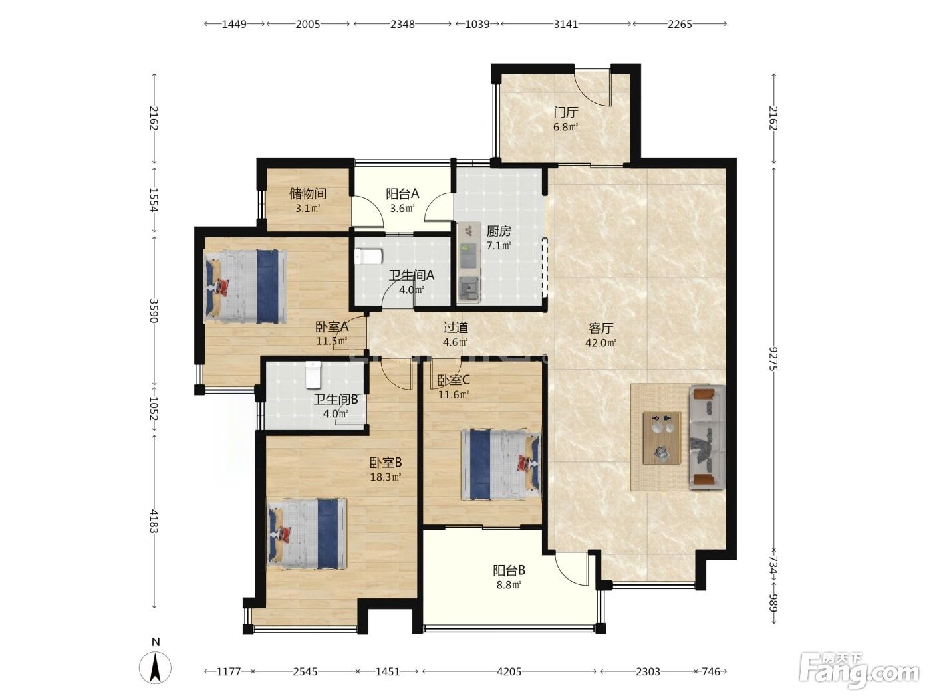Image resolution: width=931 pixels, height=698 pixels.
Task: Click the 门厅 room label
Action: [566, 113]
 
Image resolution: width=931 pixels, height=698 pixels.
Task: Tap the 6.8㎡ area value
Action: [566, 127]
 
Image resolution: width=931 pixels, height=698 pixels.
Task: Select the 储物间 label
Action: [308, 193]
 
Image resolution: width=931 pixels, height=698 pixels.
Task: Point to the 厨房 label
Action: [499, 231]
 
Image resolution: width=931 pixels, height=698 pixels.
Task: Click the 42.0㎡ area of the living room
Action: [600, 342]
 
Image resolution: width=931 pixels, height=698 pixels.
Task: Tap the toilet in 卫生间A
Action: [368, 257]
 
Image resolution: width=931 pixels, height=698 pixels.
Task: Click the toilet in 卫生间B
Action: [313, 375]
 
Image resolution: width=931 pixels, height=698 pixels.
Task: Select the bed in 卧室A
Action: [245, 287]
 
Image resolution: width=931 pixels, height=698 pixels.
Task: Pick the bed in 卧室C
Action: [501, 464]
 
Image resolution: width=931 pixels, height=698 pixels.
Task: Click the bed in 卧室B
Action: [307, 534]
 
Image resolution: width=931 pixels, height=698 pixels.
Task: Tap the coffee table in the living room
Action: [662, 438]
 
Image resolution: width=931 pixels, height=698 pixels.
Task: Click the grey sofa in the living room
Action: [707, 437]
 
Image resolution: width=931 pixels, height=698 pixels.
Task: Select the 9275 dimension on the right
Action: [773, 359]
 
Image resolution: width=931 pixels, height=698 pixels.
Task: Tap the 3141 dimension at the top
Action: [566, 24]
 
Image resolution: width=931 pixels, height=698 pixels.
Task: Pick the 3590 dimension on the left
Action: [154, 311]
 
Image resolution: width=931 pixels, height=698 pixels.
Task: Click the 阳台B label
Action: [509, 570]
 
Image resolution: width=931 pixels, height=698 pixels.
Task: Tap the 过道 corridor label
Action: [456, 328]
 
